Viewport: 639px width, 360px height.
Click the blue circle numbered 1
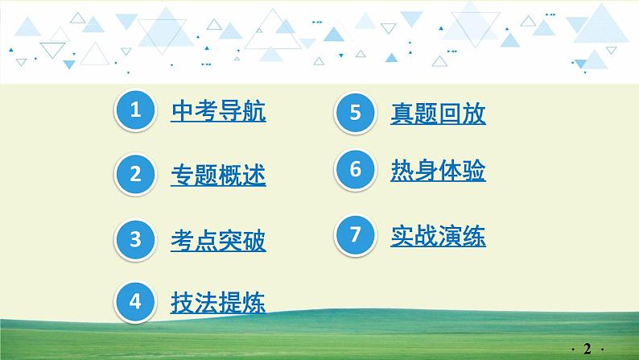[136, 111]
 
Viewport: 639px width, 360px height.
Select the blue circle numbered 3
[136, 239]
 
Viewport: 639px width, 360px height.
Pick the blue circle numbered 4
[136, 301]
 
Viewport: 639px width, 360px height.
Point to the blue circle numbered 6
[355, 172]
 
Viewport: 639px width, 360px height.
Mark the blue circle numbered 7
[355, 236]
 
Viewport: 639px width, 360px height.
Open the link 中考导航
[218, 111]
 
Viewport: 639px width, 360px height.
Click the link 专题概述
[218, 175]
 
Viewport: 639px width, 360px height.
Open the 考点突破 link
[218, 239]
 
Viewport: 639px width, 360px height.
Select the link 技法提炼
[218, 302]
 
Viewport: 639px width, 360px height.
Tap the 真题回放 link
[438, 114]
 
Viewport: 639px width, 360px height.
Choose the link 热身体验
[438, 172]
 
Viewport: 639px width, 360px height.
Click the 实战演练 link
[438, 236]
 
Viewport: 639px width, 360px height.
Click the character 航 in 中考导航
[254, 111]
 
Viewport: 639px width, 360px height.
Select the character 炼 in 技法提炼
[254, 302]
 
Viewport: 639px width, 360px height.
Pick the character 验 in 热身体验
[474, 172]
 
